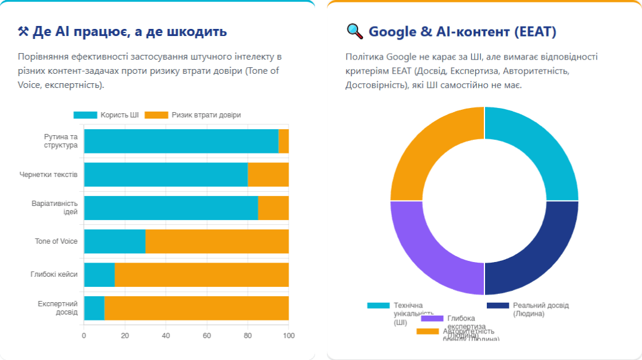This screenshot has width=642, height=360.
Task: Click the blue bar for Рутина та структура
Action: [181, 141]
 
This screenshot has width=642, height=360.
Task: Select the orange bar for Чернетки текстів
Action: [268, 175]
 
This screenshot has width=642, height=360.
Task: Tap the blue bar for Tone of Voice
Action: [114, 241]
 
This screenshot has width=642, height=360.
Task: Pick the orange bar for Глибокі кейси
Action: [201, 275]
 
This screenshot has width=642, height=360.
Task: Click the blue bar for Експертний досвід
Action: [94, 308]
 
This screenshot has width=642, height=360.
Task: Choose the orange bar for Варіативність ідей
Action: [273, 208]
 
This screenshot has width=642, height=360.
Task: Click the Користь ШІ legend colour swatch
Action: [84, 115]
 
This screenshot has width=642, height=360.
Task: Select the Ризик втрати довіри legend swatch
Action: [156, 115]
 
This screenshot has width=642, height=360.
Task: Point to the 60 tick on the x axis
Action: [207, 336]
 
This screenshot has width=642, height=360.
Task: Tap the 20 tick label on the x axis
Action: [125, 336]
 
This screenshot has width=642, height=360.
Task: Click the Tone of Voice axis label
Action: [56, 241]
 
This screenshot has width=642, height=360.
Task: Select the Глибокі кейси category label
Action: [54, 274]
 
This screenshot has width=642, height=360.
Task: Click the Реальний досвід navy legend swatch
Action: [497, 305]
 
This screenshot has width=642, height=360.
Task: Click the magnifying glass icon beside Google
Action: [355, 31]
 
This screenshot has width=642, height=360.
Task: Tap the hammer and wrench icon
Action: [24, 32]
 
